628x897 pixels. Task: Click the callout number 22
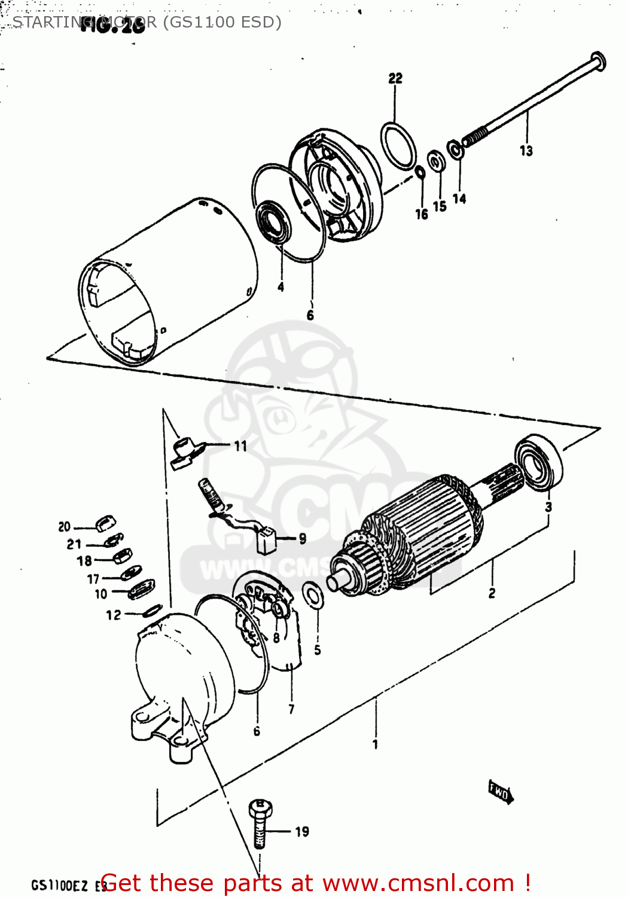pos(395,78)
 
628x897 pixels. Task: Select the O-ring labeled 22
pos(398,146)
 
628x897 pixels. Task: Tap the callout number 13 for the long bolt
pos(526,151)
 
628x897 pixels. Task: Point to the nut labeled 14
pos(456,149)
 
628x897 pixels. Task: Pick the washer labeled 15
pos(435,161)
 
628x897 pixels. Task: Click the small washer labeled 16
pos(420,173)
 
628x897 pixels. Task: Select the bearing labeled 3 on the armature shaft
pos(539,462)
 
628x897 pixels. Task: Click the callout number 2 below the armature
pos(492,593)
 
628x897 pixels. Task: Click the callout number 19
pos(302,832)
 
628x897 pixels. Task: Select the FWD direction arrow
pos(501,793)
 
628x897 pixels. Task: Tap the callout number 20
pos(65,527)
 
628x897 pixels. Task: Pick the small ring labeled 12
pos(153,611)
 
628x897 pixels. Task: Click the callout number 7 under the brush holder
pos(291,709)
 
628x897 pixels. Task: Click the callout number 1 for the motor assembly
pos(375,745)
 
